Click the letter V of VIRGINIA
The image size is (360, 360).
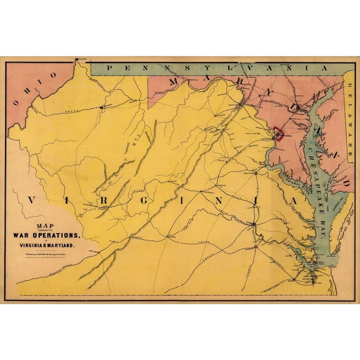(x=31, y=201)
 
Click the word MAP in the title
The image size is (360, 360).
(x=46, y=227)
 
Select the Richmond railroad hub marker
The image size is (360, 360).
(x=253, y=224)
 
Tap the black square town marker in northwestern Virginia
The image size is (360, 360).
(x=101, y=108)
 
